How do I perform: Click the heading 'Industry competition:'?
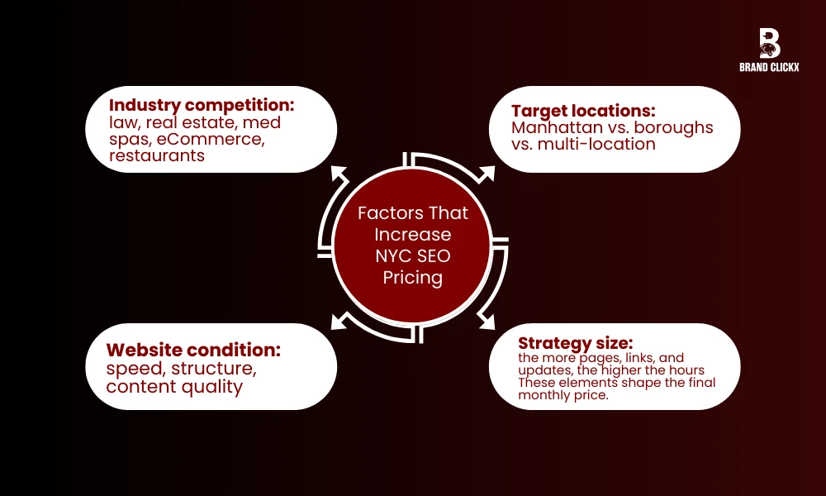(202, 106)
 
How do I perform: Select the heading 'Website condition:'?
(193, 350)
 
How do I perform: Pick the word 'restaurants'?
(157, 155)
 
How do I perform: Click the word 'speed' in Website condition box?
(131, 369)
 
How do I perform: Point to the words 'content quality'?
(174, 386)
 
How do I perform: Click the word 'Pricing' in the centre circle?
(412, 277)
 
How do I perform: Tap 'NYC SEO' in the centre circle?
(412, 255)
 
